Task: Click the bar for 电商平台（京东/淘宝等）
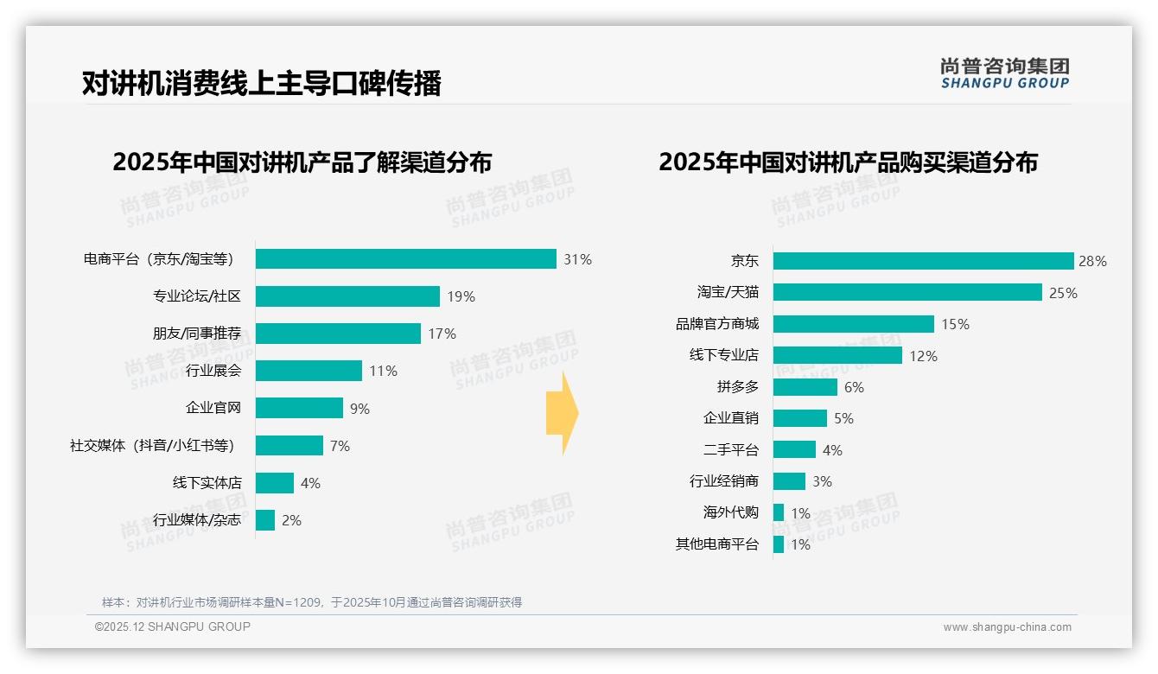(x=405, y=259)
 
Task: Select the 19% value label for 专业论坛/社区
(x=461, y=296)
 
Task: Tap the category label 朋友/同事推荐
(x=196, y=334)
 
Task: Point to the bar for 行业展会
(x=309, y=371)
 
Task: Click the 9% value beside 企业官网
(x=359, y=409)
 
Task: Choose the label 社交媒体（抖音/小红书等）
(x=152, y=446)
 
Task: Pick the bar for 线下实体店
(x=275, y=483)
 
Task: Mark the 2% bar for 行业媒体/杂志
(x=265, y=520)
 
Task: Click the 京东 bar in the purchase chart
(x=923, y=261)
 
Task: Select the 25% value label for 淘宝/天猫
(x=1063, y=293)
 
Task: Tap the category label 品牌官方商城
(x=716, y=324)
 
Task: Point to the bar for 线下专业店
(x=837, y=355)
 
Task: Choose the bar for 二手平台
(x=794, y=449)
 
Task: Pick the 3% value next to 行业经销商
(x=822, y=481)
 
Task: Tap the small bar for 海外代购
(x=779, y=512)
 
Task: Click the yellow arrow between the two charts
(x=562, y=413)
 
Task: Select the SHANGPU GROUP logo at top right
(x=1004, y=73)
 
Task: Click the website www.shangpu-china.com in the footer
(x=1007, y=627)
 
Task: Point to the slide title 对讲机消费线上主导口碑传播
(x=261, y=83)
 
